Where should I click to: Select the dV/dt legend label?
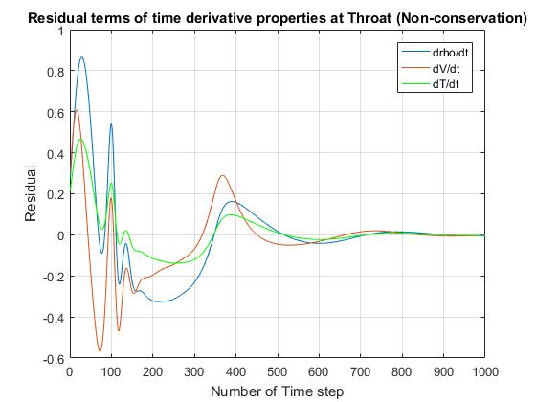[x=446, y=69]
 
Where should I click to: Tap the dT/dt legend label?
[x=445, y=84]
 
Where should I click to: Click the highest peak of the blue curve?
[x=81, y=56]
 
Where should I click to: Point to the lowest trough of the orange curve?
[x=100, y=351]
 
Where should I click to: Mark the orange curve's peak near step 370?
[x=222, y=176]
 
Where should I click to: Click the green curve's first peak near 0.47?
[x=81, y=139]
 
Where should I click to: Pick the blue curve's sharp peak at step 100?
[x=111, y=124]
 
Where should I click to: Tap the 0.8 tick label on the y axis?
[x=56, y=72]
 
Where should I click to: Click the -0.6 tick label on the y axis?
[x=54, y=359]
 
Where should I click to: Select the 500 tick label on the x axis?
[x=278, y=371]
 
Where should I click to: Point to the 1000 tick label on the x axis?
[x=485, y=371]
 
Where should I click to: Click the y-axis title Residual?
[x=31, y=193]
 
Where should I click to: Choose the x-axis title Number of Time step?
[x=278, y=391]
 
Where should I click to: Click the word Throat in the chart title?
[x=369, y=18]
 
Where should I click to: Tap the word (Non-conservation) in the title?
[x=461, y=18]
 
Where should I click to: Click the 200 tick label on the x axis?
[x=152, y=371]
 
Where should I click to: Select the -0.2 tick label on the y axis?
[x=54, y=277]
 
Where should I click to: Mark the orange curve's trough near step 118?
[x=119, y=330]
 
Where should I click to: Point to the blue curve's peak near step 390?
[x=233, y=202]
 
